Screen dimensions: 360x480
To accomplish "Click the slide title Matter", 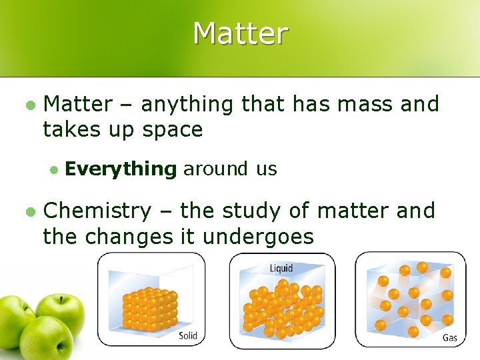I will pyautogui.click(x=240, y=33).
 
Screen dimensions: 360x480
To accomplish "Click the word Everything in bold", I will pyautogui.click(x=121, y=169).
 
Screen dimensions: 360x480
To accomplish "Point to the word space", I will pyautogui.click(x=172, y=129).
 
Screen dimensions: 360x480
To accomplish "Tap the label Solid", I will pyautogui.click(x=188, y=335).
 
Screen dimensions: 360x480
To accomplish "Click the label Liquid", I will pyautogui.click(x=281, y=268).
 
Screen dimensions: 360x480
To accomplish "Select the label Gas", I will pyautogui.click(x=450, y=338).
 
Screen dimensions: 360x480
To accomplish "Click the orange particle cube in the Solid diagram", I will pyautogui.click(x=149, y=309).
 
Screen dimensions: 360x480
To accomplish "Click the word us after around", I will pyautogui.click(x=265, y=169).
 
